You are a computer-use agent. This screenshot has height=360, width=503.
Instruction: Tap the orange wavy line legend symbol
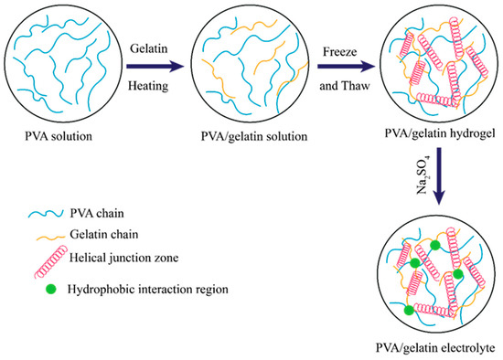coord(39,234)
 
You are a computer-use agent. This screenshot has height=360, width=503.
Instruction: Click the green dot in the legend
coord(39,278)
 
